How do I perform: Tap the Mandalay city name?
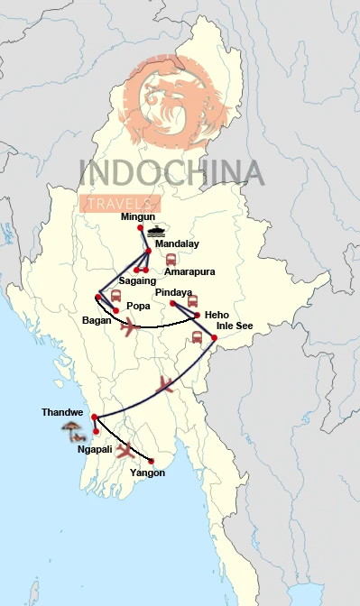[177, 243]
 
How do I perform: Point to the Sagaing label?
[139, 280]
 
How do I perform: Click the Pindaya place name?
[173, 293]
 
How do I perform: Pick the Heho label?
[217, 314]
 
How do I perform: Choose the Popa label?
[138, 306]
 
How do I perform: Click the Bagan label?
[96, 319]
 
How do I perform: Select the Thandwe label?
[62, 412]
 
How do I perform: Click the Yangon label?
[148, 472]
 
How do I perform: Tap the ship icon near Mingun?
[159, 231]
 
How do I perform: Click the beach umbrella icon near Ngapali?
[69, 431]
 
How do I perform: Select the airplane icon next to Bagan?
[132, 326]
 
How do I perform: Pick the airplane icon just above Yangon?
[126, 448]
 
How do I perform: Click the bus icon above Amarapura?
[171, 259]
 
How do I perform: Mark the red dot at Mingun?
[141, 227]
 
